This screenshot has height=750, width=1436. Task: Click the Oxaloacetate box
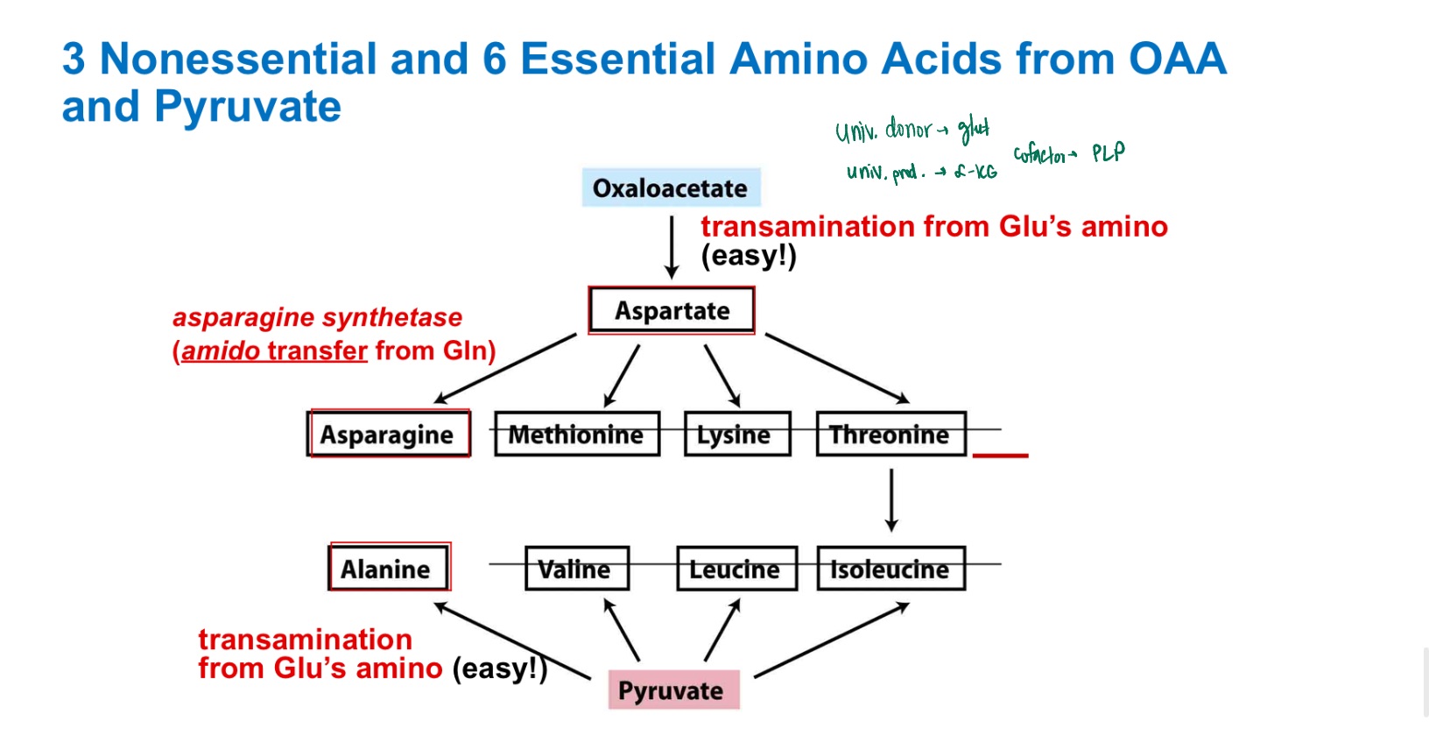(x=671, y=187)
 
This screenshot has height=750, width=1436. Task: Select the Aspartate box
(x=672, y=310)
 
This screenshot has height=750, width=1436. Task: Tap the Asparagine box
(x=388, y=434)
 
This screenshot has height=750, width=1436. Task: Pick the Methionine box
(x=576, y=434)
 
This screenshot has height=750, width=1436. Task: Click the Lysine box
(x=736, y=434)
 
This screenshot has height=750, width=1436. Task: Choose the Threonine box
(x=890, y=434)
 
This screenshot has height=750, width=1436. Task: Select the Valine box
(x=576, y=569)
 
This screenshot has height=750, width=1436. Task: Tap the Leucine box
(x=736, y=569)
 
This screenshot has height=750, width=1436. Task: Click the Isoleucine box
(x=890, y=569)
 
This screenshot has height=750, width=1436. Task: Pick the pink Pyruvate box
(x=672, y=690)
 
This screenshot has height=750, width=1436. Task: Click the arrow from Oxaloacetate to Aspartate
(x=672, y=247)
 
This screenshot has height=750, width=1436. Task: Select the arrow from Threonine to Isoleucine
(x=891, y=499)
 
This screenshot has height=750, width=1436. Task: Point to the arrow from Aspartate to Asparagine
(x=506, y=368)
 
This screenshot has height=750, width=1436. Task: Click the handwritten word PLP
(x=1108, y=153)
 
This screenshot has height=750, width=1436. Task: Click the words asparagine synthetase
(x=317, y=317)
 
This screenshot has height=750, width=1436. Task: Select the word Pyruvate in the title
(x=247, y=107)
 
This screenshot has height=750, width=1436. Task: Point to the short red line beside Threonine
(x=1000, y=456)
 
